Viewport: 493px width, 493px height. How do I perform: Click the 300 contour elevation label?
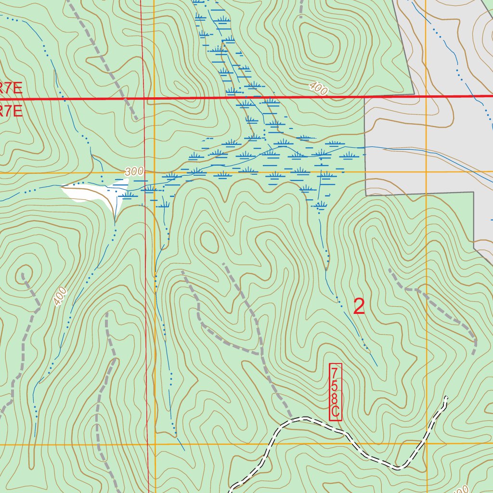tap(134, 171)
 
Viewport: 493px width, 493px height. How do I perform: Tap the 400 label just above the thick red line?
tap(318, 88)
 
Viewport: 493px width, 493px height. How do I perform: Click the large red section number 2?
tap(359, 307)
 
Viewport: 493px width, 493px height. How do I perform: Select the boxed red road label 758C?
tap(336, 392)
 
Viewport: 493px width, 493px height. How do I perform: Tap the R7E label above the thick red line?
tap(11, 88)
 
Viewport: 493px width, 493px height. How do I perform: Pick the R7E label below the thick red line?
tap(11, 112)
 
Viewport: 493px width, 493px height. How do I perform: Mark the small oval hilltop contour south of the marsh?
tap(208, 241)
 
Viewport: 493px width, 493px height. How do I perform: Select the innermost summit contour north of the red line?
tap(318, 46)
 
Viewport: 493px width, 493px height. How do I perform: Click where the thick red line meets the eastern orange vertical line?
tap(427, 97)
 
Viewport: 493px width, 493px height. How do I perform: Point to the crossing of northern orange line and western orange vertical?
tap(154, 172)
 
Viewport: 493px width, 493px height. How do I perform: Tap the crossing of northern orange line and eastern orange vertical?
tap(427, 171)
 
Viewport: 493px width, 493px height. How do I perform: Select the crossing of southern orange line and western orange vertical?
tap(155, 444)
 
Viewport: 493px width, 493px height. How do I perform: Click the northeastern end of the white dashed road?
tap(446, 398)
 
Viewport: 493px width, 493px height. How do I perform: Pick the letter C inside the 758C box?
tap(336, 412)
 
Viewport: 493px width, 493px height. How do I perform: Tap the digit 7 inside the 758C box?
tap(336, 372)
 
